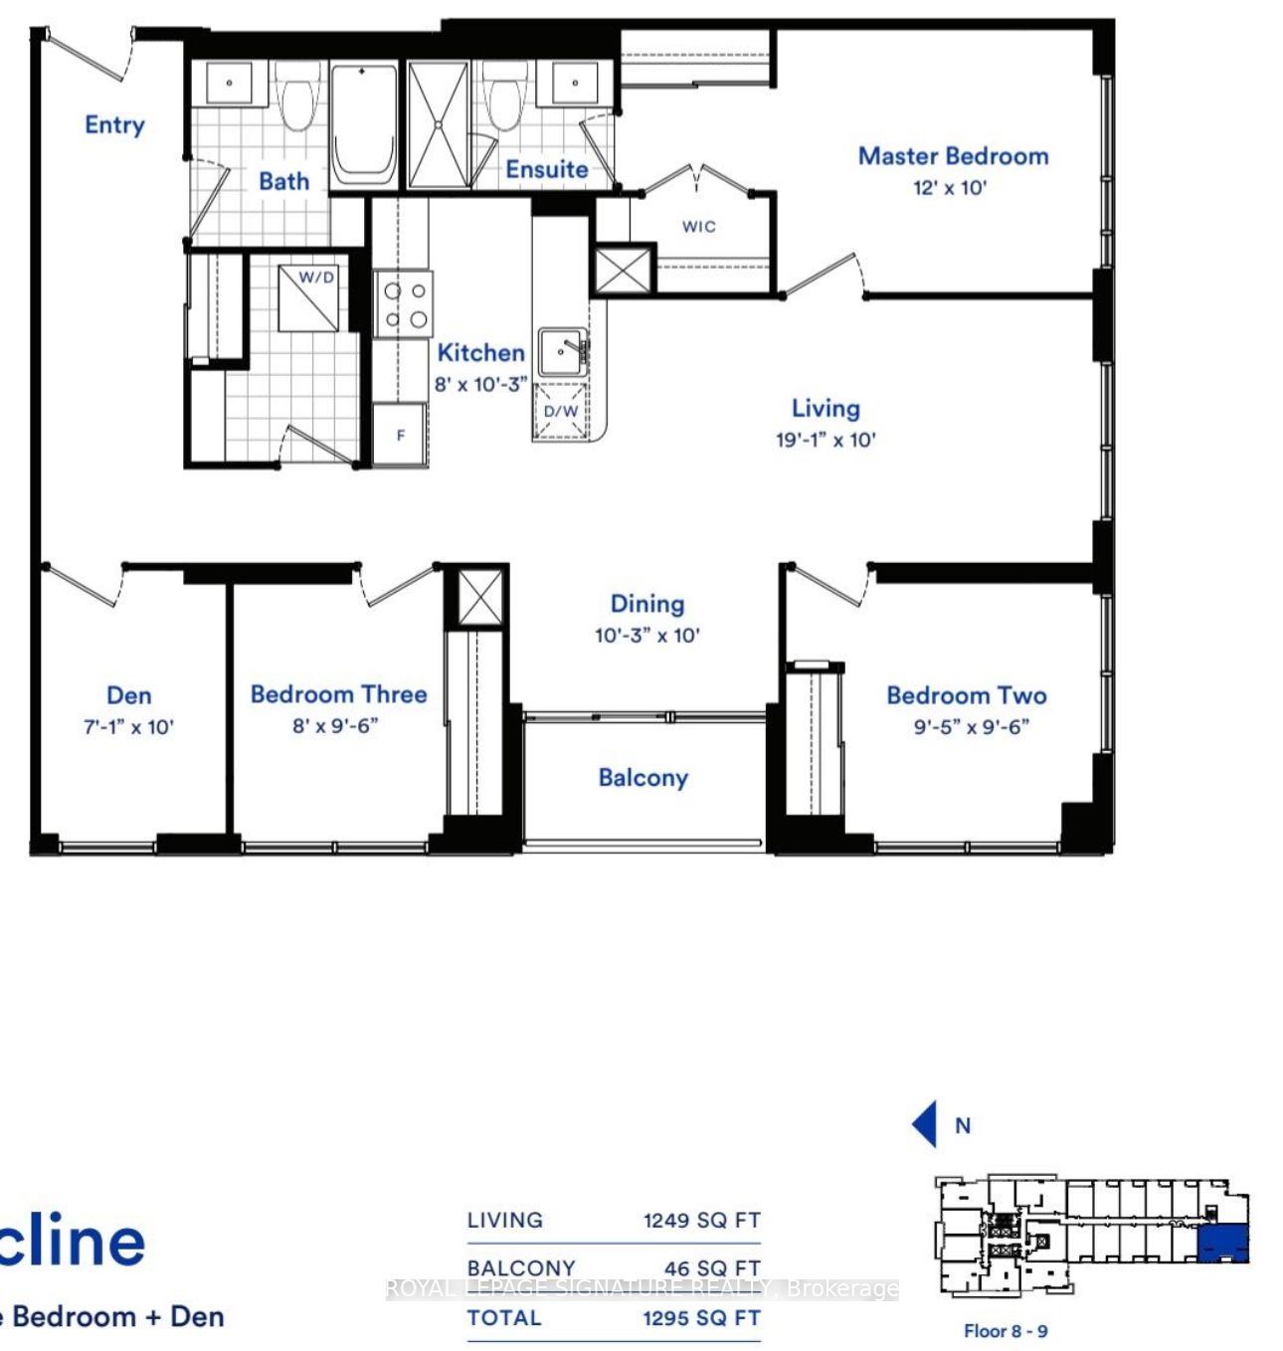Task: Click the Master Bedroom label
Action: pyautogui.click(x=952, y=156)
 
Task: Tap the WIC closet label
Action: pyautogui.click(x=698, y=227)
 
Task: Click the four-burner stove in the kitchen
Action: pyautogui.click(x=404, y=304)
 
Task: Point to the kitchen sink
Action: pyautogui.click(x=563, y=351)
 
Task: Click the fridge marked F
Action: pyautogui.click(x=401, y=435)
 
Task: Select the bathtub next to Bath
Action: pyautogui.click(x=363, y=124)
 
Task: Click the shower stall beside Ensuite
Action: pyautogui.click(x=438, y=124)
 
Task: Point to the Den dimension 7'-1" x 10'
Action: pyautogui.click(x=128, y=727)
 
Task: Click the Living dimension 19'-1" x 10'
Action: pyautogui.click(x=825, y=440)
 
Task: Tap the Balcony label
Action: pyautogui.click(x=642, y=778)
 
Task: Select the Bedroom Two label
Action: pyautogui.click(x=966, y=695)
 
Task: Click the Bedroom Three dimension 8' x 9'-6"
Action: pyautogui.click(x=335, y=726)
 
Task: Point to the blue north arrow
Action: pyautogui.click(x=925, y=1124)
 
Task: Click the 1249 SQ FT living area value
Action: pyautogui.click(x=701, y=1221)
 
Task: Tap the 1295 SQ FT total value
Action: pyautogui.click(x=701, y=1318)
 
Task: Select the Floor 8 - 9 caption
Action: pyautogui.click(x=1006, y=1331)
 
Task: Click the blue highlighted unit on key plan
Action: pyautogui.click(x=1223, y=1244)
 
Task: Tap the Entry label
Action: pyautogui.click(x=114, y=125)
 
